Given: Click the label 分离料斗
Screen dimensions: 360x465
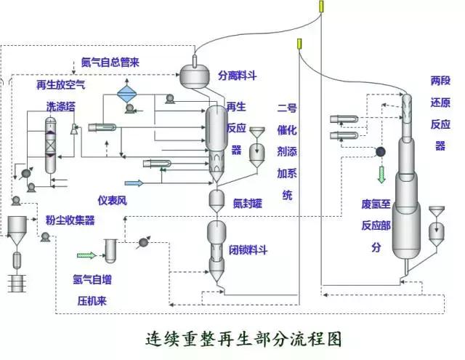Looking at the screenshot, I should coord(238,75).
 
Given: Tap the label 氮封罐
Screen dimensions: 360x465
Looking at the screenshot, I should coord(247,203).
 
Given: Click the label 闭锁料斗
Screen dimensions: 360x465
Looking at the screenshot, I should coord(248,249).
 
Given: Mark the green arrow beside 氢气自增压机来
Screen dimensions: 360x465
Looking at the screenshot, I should coord(86,255).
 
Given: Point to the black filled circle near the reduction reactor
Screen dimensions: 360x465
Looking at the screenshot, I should coord(379,152).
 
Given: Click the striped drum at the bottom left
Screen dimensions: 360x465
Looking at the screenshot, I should coord(16,282).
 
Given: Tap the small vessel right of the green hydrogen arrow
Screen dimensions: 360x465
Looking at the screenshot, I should coord(111,250).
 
